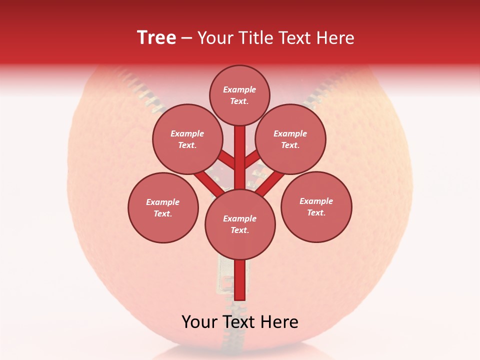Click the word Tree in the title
(156, 38)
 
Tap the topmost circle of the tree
(239, 95)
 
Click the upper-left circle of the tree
(187, 139)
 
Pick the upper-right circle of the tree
(290, 139)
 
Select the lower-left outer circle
(163, 207)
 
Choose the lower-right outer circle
(316, 206)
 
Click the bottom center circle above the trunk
(240, 224)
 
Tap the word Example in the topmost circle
(239, 89)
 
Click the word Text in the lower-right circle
(316, 212)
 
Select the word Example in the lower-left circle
(163, 202)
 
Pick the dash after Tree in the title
(187, 38)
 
